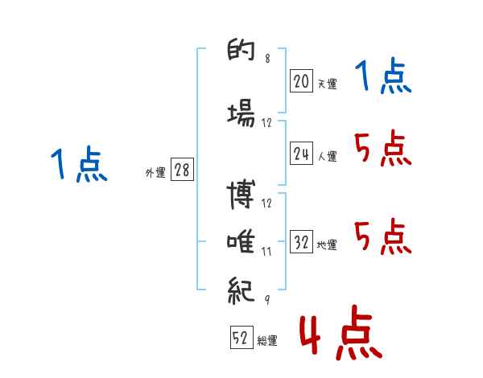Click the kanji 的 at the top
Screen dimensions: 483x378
242,49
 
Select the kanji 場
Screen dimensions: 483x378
242,113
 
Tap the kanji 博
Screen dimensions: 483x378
241,195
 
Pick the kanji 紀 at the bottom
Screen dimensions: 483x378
241,290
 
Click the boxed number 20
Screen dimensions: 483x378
301,81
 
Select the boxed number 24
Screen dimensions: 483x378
301,153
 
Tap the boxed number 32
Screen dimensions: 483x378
301,241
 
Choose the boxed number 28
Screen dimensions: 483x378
182,170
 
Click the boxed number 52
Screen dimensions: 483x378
242,337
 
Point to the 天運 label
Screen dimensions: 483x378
327,84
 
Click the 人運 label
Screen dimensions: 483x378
327,156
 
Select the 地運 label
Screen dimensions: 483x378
327,245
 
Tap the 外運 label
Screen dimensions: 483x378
155,173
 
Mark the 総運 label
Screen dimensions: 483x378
267,340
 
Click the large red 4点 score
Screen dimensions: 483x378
341,332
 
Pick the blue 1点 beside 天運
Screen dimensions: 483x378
383,76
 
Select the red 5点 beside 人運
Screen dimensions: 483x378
383,148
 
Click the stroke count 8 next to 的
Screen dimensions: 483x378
267,58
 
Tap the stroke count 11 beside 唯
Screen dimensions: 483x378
266,252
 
